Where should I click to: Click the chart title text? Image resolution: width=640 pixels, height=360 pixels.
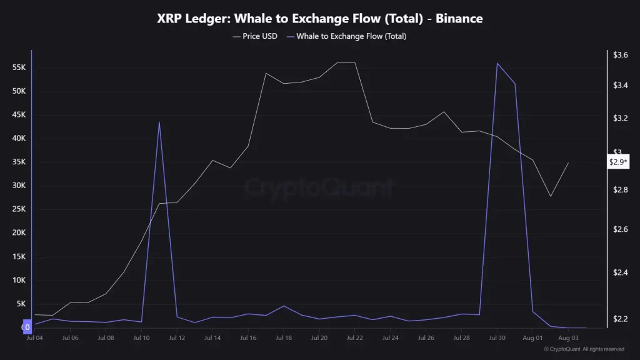point(319,19)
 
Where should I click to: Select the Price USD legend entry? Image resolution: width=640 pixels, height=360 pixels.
point(255,36)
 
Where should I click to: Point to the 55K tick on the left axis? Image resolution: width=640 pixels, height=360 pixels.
point(19,67)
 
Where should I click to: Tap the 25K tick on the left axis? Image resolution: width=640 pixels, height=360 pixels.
point(19,209)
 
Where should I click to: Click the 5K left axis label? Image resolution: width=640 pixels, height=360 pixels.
point(21,304)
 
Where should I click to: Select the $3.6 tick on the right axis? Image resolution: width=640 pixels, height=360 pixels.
point(621,55)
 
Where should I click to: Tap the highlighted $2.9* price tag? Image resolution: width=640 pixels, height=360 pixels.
point(619,162)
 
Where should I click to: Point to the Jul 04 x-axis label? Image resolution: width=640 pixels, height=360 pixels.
point(34,337)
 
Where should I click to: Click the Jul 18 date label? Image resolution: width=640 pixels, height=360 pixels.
point(284,337)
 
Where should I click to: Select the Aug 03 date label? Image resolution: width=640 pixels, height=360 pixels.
point(568,337)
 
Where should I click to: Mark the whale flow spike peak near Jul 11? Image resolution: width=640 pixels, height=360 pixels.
point(159,122)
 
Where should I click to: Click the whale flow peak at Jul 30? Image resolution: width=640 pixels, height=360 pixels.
point(497,63)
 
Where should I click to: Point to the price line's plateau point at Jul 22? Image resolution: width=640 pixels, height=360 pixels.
point(355,62)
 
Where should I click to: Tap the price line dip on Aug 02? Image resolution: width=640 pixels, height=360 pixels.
point(551,196)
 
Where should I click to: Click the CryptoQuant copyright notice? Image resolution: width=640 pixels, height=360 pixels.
point(584,349)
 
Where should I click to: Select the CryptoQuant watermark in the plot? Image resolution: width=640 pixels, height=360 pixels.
point(319,187)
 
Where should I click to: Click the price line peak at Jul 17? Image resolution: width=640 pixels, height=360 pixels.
point(266,73)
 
